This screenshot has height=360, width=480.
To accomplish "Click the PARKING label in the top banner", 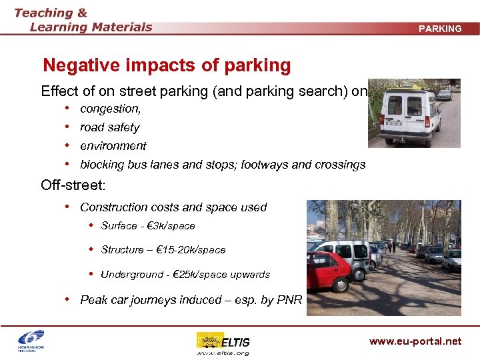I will point(440,29).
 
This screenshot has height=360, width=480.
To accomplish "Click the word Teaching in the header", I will point(42,13).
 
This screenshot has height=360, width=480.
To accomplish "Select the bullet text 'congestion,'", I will point(110,108).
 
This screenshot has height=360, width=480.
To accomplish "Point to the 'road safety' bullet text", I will point(109,127).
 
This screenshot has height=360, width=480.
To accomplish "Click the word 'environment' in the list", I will point(113,146).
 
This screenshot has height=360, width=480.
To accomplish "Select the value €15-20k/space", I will point(190,250).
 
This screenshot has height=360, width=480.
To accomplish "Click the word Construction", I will point(113,207).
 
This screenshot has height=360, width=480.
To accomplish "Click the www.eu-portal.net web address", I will point(415,341).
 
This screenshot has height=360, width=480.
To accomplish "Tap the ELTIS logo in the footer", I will point(223,340).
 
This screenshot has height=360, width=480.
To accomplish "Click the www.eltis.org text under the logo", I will point(223,353).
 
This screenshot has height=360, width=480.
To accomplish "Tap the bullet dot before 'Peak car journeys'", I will point(69,300).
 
